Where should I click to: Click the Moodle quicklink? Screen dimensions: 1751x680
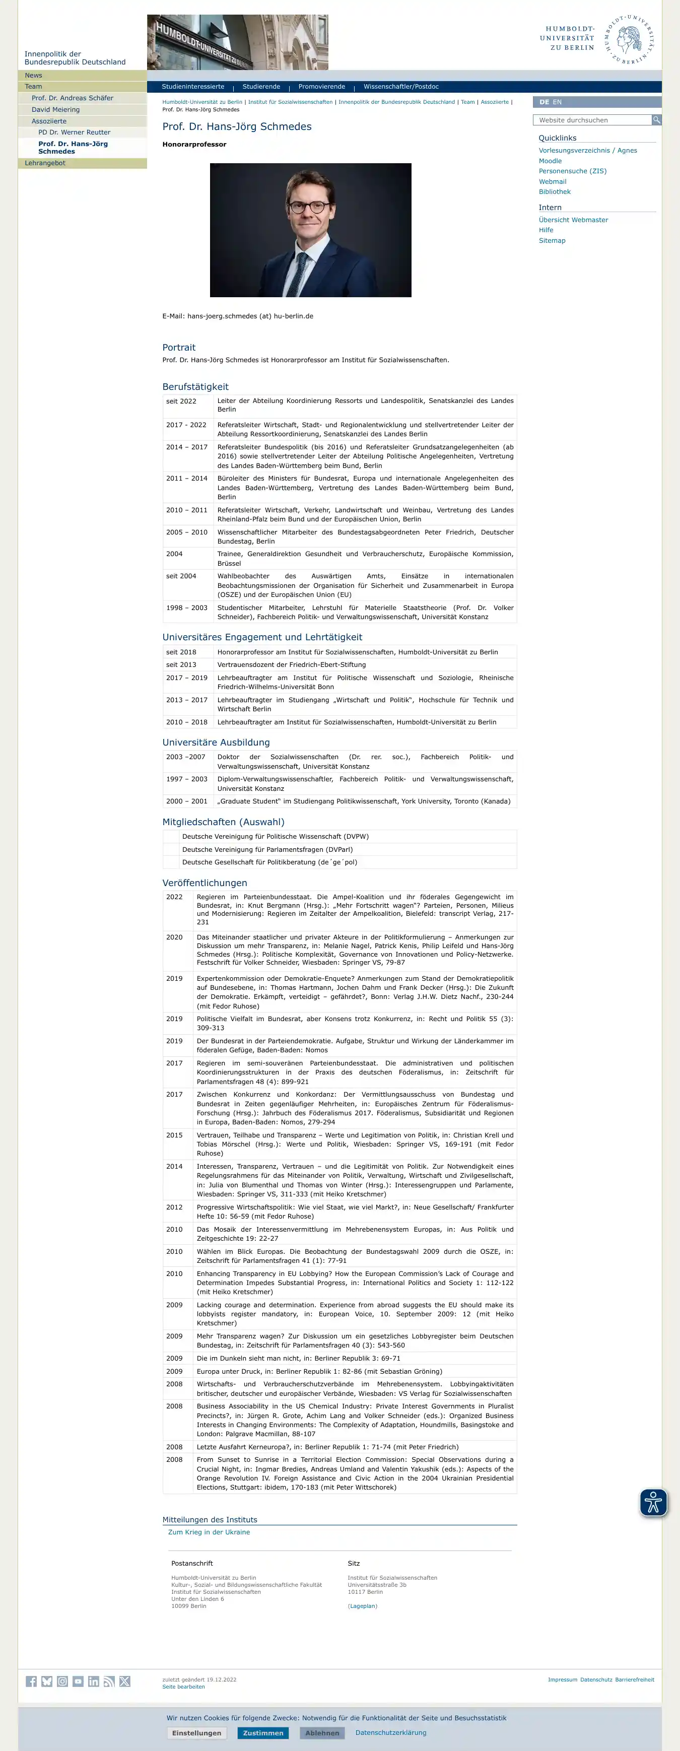[550, 161]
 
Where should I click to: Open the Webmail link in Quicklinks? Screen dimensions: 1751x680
[552, 181]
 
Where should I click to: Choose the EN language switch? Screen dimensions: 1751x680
[557, 102]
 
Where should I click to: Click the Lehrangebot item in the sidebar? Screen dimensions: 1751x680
[45, 163]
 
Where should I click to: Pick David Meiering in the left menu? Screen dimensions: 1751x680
[56, 109]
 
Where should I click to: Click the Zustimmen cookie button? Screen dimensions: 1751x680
[262, 1733]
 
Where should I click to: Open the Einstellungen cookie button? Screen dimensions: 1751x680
[196, 1733]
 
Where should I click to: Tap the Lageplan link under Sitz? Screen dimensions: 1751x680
[363, 1606]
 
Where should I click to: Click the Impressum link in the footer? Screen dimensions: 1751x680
[562, 1679]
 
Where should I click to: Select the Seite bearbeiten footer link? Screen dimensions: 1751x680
[183, 1687]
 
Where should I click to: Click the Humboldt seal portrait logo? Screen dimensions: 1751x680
[630, 39]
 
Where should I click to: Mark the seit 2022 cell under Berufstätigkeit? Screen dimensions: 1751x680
[181, 401]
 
